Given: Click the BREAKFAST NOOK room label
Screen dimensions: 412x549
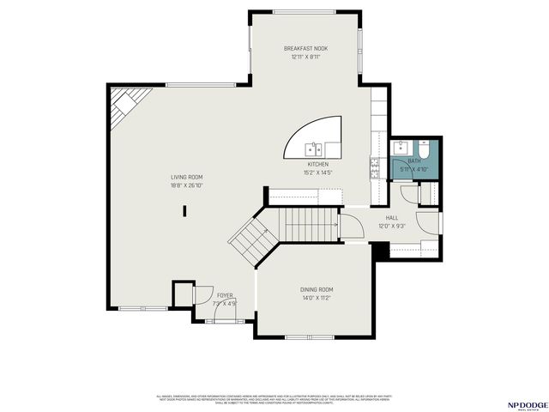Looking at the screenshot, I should coord(305,49).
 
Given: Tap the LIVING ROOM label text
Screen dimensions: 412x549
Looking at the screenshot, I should coord(185,178).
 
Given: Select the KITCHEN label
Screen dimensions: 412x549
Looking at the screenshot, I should coord(319,164).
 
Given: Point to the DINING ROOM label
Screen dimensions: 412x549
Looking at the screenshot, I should coord(317,290).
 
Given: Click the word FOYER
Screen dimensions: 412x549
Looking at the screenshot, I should coord(224,295).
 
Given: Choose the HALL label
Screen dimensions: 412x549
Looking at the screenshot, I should coord(392,218).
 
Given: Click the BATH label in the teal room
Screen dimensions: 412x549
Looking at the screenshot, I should coord(414,161).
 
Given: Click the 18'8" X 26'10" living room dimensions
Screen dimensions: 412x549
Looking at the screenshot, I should coord(185,185).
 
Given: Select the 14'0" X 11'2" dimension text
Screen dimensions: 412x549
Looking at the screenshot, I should coord(317,298).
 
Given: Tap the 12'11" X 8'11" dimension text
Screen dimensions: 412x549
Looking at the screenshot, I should coord(305,57).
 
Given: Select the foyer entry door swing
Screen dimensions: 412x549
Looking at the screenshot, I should coord(206,293).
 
